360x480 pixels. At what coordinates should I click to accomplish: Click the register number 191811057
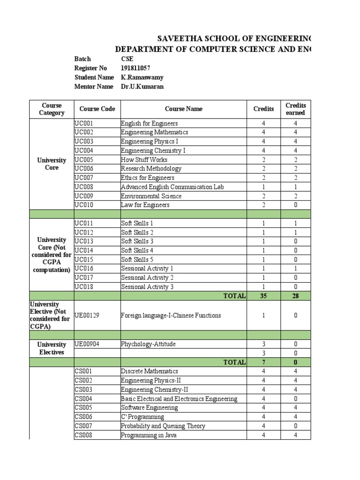(135, 68)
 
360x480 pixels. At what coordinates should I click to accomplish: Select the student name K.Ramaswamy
(142, 77)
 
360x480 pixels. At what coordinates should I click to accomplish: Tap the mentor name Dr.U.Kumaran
(142, 87)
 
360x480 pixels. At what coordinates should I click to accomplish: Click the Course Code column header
(97, 109)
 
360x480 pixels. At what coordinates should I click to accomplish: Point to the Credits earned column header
(295, 109)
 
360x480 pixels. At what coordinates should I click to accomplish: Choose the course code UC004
(84, 150)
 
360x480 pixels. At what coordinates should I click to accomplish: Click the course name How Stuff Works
(143, 160)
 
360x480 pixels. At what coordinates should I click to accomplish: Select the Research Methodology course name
(151, 169)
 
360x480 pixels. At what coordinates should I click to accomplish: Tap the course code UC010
(84, 205)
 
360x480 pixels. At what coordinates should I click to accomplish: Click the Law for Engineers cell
(145, 205)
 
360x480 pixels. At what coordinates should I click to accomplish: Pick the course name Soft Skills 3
(137, 241)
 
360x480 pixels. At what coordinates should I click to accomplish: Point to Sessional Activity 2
(147, 278)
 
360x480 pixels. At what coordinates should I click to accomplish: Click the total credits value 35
(263, 296)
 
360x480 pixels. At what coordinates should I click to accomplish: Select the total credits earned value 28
(295, 296)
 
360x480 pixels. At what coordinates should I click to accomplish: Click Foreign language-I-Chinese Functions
(171, 315)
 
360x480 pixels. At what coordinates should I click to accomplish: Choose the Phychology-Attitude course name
(148, 344)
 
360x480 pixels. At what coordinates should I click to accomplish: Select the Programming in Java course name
(149, 435)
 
